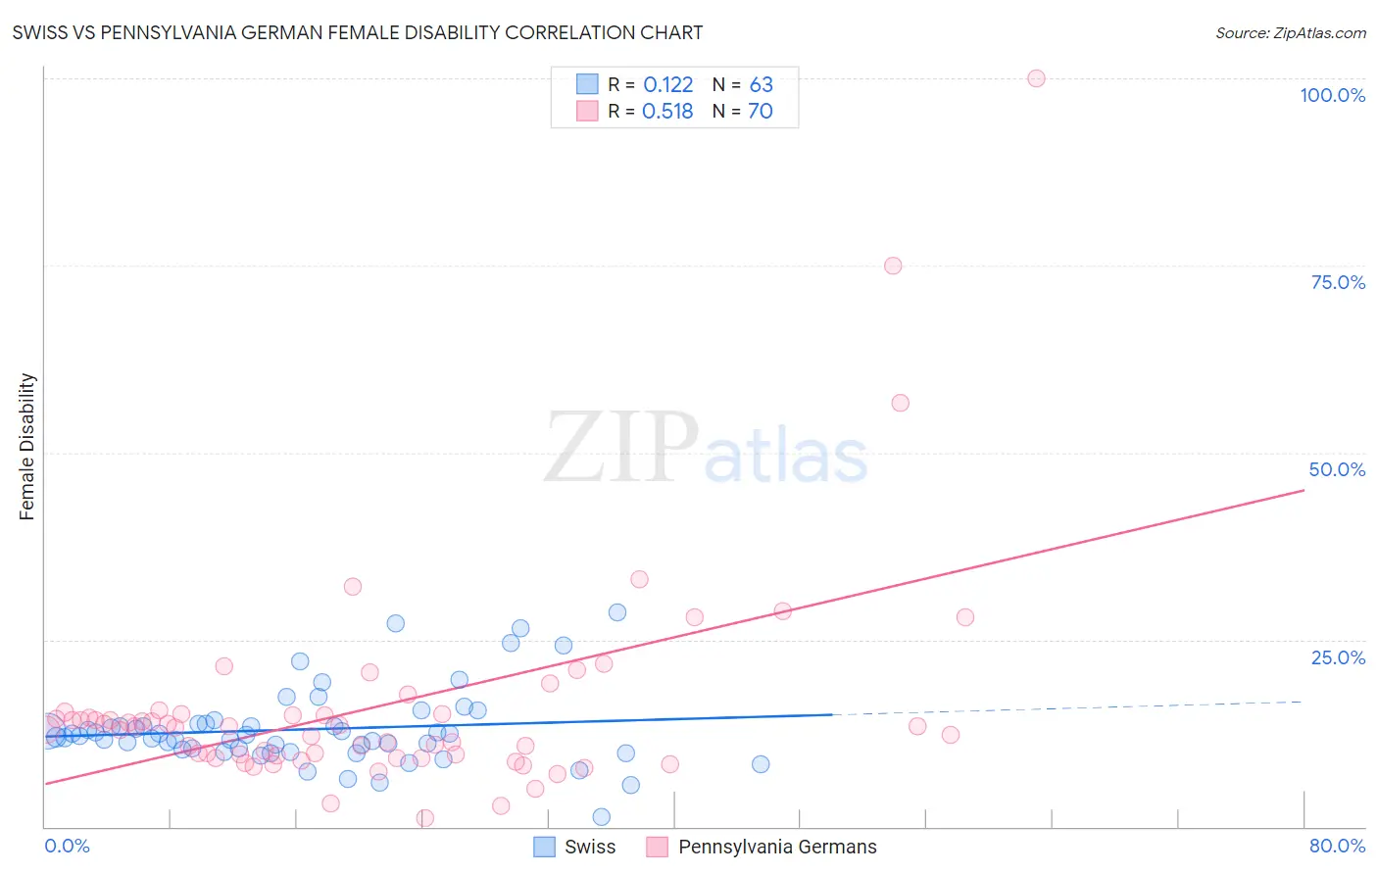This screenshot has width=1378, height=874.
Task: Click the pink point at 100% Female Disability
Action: pos(1036,78)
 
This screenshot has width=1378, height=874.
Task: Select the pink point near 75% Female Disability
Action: pos(893,266)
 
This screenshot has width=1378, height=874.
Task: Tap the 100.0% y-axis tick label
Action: pos(1332,95)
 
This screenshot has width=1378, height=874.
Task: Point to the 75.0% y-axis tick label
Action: pos(1338,282)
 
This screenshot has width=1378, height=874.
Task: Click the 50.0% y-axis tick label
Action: pos(1337,469)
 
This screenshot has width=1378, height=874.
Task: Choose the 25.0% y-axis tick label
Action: pos(1338,657)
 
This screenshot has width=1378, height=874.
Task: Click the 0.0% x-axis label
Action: pos(67,846)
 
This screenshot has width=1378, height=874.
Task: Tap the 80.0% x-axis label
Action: pos(1337,846)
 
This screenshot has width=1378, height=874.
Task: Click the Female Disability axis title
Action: pos(27,446)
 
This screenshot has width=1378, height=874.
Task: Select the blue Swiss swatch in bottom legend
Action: pos(545,847)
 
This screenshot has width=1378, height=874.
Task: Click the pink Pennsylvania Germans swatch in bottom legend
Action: pos(657,847)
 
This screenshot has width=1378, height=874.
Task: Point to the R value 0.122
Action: pos(667,85)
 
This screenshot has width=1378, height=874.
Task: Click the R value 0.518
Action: pos(667,112)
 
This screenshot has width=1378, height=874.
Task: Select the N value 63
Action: pos(761,85)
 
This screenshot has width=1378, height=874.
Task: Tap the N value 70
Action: pos(761,112)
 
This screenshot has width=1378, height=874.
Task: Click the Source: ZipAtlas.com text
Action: pos(1290,33)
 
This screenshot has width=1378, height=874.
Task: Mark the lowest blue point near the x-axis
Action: pos(602,817)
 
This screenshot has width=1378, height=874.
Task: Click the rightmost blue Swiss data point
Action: pos(761,764)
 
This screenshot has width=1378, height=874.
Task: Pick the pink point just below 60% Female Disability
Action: pos(900,403)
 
